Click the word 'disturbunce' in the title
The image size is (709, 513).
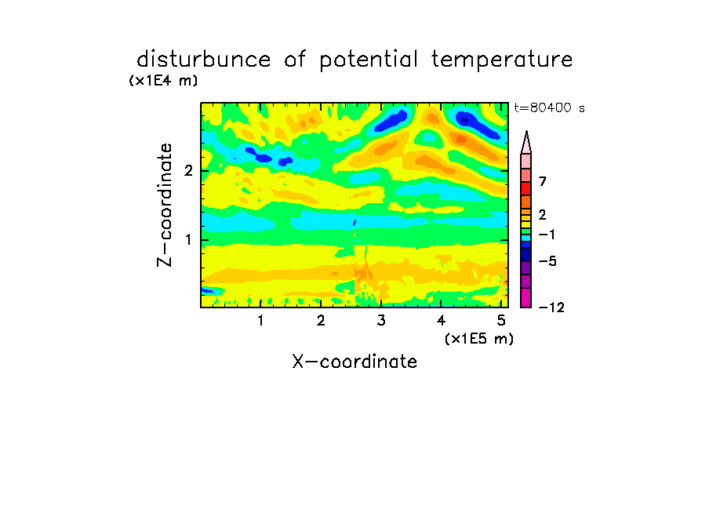click(204, 59)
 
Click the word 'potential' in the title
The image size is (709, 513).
click(369, 60)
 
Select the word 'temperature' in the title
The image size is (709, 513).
click(502, 60)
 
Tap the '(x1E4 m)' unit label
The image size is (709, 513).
click(163, 81)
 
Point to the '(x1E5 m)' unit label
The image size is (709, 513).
click(479, 338)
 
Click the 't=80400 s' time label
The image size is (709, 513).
click(549, 107)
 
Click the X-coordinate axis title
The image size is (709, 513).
click(354, 362)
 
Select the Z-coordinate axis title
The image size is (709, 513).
click(165, 205)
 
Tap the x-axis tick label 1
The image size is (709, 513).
click(261, 321)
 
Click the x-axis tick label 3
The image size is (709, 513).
click(381, 321)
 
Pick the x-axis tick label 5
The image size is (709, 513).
click(501, 321)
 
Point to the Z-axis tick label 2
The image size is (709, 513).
click(188, 170)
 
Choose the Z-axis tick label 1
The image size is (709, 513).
click(188, 240)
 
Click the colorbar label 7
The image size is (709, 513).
click(543, 181)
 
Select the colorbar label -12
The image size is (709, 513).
click(551, 307)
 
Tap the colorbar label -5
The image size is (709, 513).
click(547, 261)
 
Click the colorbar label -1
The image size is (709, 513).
click(547, 235)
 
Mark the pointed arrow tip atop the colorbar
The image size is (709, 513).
click(526, 132)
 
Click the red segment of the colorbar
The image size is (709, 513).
click(526, 188)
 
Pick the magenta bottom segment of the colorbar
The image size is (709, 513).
click(526, 297)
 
